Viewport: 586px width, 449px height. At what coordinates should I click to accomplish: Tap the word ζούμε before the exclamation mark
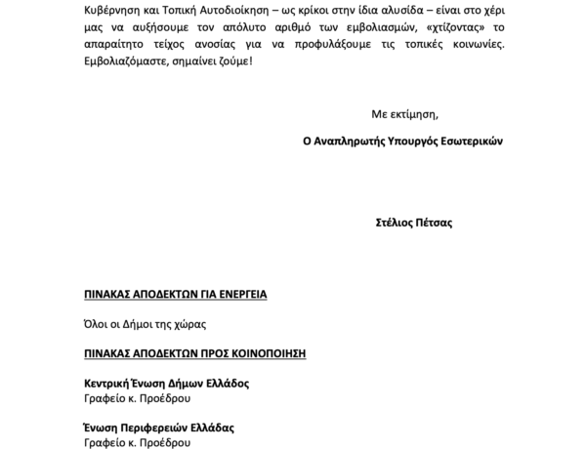tap(230, 68)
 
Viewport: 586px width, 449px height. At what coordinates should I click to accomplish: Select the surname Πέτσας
tap(433, 223)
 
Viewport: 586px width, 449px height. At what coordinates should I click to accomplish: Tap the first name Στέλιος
tap(394, 223)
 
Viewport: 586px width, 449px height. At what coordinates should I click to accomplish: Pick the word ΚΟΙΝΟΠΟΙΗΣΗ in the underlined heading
tap(259, 352)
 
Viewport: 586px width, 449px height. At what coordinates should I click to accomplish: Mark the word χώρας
tap(191, 323)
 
